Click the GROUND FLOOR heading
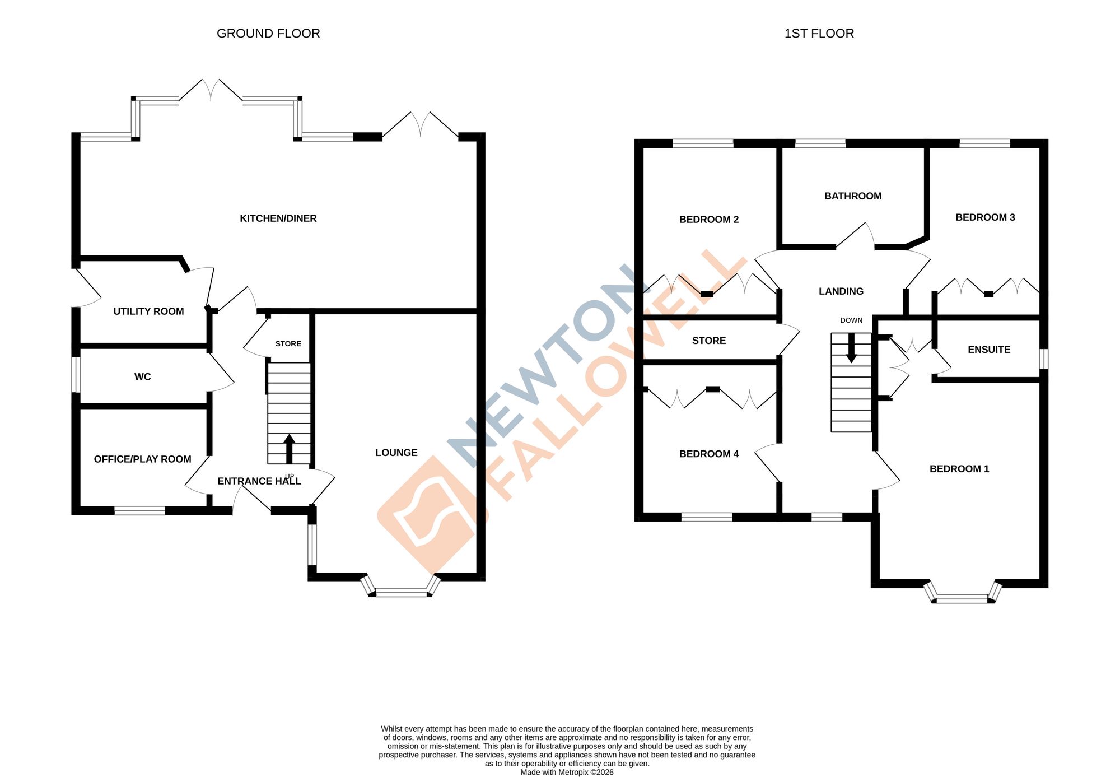[268, 34]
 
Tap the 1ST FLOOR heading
[819, 34]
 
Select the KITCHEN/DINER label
[278, 218]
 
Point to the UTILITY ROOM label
[148, 311]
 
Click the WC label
[142, 377]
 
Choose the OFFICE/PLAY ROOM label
[142, 459]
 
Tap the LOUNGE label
[396, 453]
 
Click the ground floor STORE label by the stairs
[288, 344]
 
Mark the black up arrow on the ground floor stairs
[289, 448]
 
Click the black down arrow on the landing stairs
[851, 348]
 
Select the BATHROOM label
[853, 196]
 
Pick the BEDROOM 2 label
[709, 220]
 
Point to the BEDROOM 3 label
[985, 217]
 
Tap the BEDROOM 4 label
[709, 454]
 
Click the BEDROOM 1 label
[959, 469]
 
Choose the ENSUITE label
[989, 350]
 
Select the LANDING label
[841, 291]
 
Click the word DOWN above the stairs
[851, 320]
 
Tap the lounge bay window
[401, 591]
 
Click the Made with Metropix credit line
[567, 773]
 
